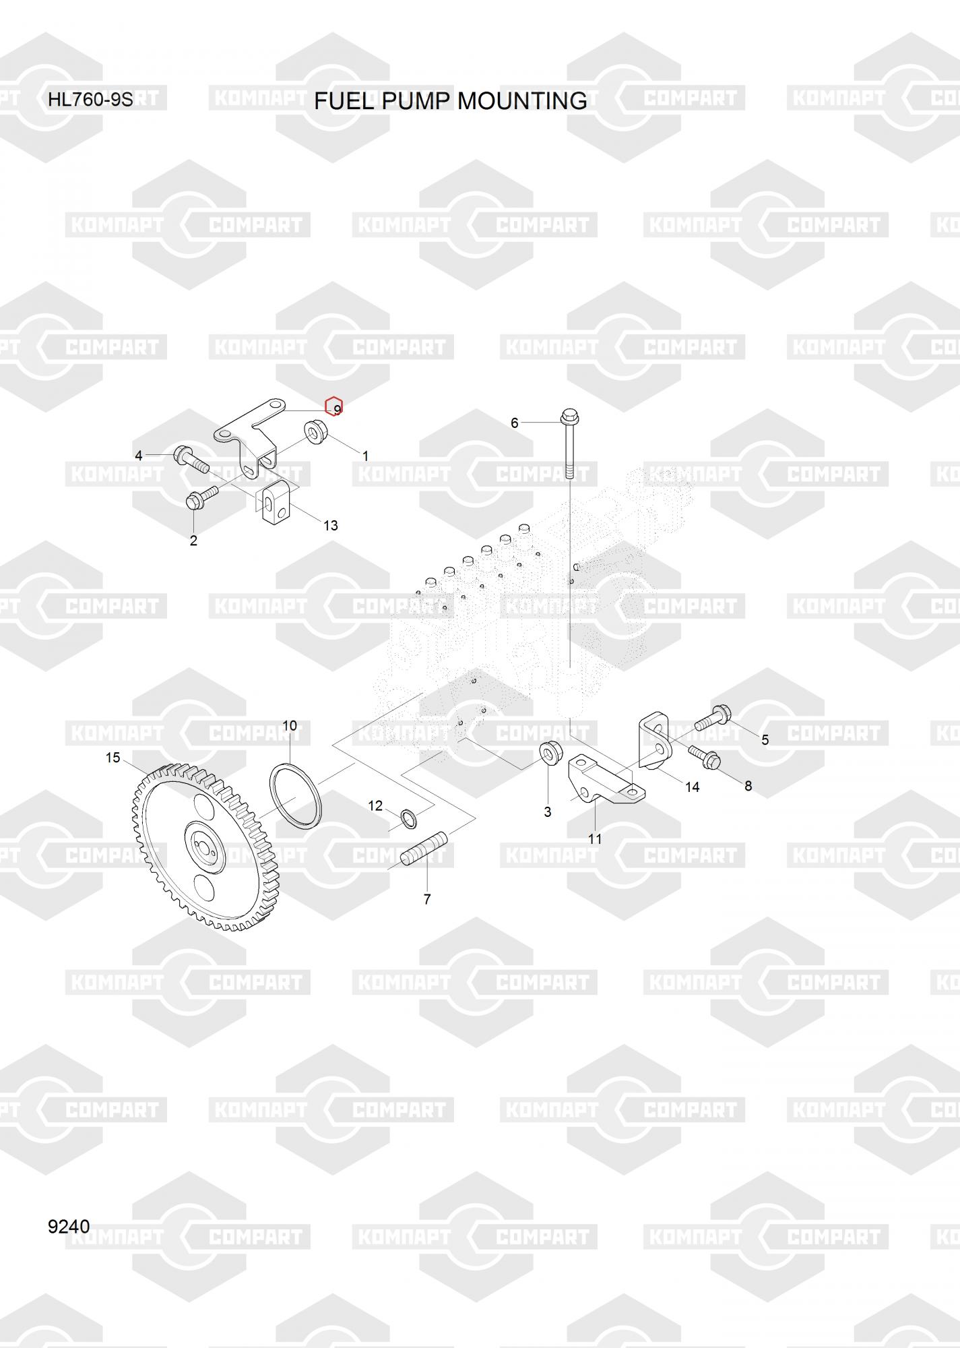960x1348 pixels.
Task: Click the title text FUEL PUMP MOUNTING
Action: [x=450, y=101]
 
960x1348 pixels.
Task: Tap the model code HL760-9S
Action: [x=90, y=100]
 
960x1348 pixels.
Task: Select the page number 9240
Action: [x=68, y=1226]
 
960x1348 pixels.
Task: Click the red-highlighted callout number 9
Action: [x=335, y=408]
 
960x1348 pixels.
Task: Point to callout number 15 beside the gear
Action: [x=113, y=758]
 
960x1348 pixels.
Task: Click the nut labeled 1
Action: [x=315, y=431]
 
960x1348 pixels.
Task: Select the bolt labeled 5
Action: [x=713, y=716]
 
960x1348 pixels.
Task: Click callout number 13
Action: [x=330, y=525]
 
